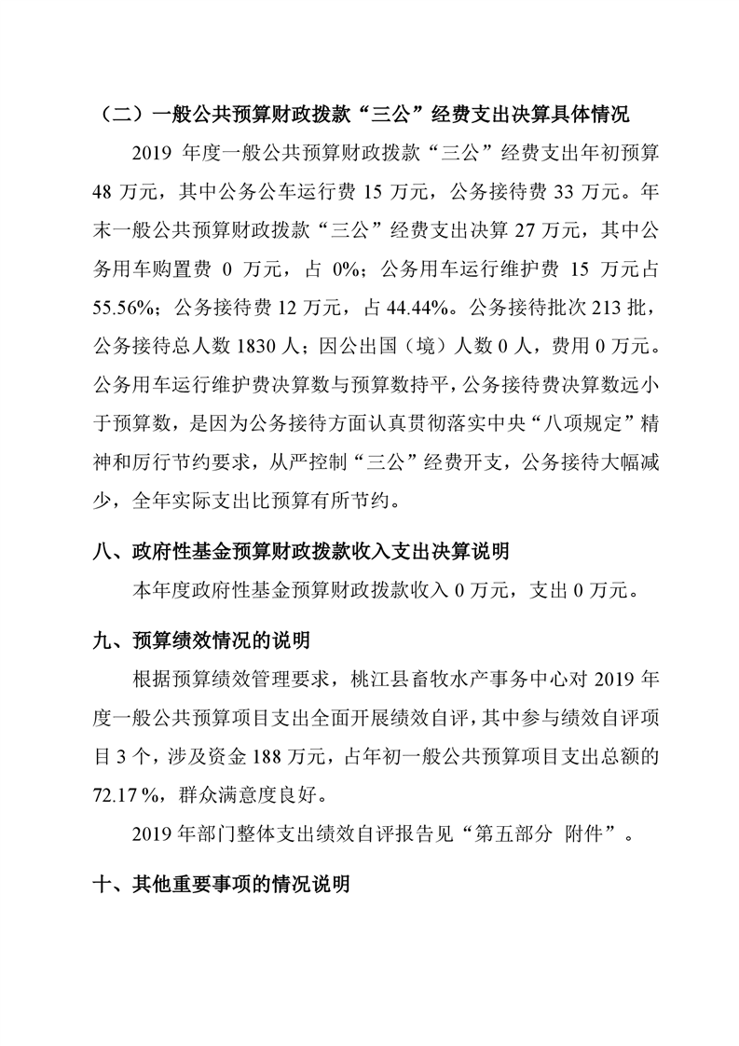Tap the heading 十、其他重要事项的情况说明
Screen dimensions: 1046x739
click(x=223, y=884)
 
